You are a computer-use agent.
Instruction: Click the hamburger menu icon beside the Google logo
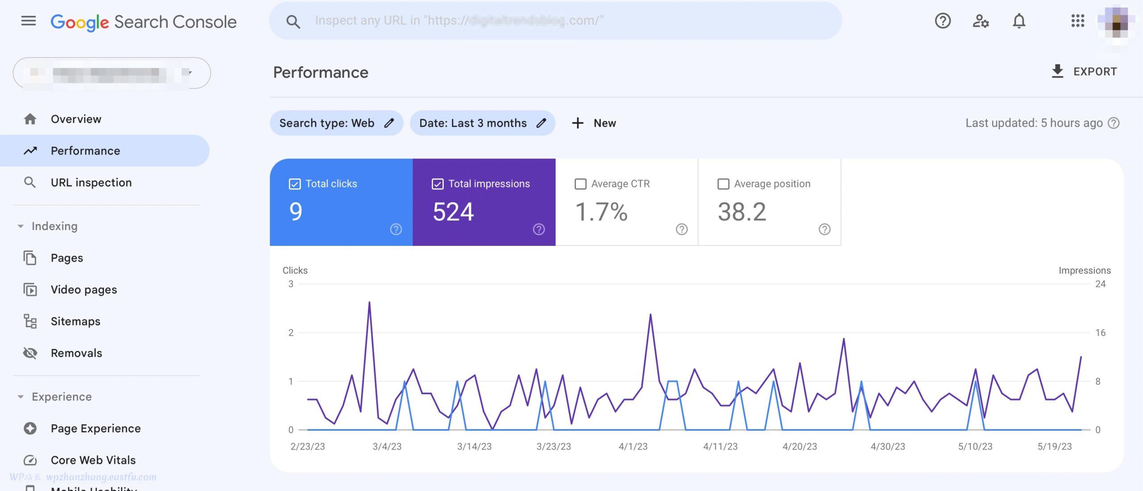(x=29, y=21)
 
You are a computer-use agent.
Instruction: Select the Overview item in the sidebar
(x=76, y=119)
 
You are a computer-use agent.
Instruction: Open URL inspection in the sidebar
(x=91, y=183)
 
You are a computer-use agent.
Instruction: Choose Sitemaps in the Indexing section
(x=75, y=321)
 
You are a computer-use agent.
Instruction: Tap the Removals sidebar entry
(x=76, y=353)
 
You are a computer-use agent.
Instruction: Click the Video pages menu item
(x=84, y=290)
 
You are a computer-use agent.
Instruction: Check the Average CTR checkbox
(x=580, y=184)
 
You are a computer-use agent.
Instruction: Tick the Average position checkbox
(x=723, y=184)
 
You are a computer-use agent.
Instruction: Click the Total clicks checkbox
(x=295, y=184)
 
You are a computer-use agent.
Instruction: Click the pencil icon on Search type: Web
(x=389, y=123)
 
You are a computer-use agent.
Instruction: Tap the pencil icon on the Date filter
(x=541, y=123)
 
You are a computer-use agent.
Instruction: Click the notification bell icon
(x=1018, y=21)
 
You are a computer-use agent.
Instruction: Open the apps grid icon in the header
(x=1077, y=21)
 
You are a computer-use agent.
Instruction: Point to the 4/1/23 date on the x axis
(x=633, y=446)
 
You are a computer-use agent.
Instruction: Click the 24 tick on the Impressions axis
(x=1100, y=284)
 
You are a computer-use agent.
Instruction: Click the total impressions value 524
(x=453, y=212)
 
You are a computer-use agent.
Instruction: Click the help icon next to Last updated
(x=1114, y=123)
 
